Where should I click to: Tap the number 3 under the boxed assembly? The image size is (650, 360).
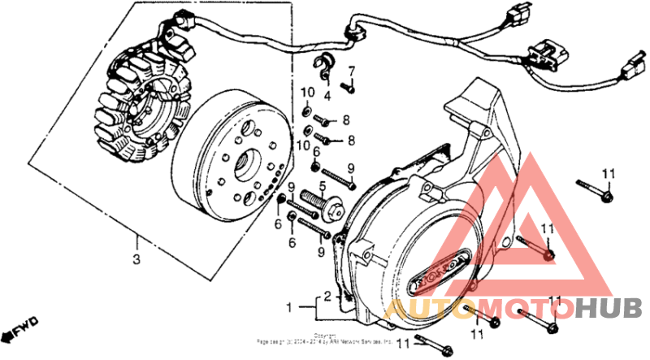(136, 259)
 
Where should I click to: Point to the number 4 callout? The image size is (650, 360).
(327, 96)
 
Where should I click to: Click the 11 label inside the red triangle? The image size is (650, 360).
(547, 230)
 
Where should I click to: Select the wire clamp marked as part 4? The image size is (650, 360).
(323, 68)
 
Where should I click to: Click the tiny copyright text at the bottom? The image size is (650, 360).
(325, 339)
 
